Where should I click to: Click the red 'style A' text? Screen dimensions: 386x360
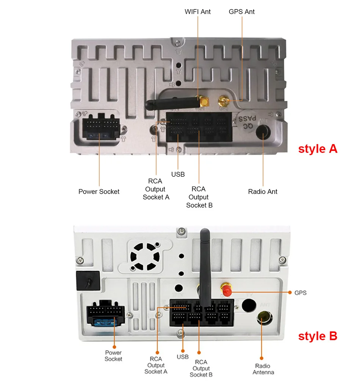(318, 149)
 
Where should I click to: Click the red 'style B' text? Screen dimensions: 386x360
(318, 336)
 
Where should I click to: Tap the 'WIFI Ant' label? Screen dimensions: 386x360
(197, 12)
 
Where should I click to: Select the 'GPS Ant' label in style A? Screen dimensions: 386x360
(242, 12)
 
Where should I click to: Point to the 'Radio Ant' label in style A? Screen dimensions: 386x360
(263, 191)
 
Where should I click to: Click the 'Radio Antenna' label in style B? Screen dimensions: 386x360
(262, 369)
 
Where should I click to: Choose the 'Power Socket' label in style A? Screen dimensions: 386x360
(99, 191)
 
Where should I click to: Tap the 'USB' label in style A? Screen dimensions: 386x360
(178, 174)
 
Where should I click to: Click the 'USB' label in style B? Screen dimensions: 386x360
(183, 357)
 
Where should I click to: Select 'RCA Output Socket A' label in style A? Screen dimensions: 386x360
(156, 189)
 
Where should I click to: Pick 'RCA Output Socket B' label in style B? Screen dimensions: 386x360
(201, 368)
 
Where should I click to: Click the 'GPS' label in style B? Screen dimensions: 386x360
(300, 293)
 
